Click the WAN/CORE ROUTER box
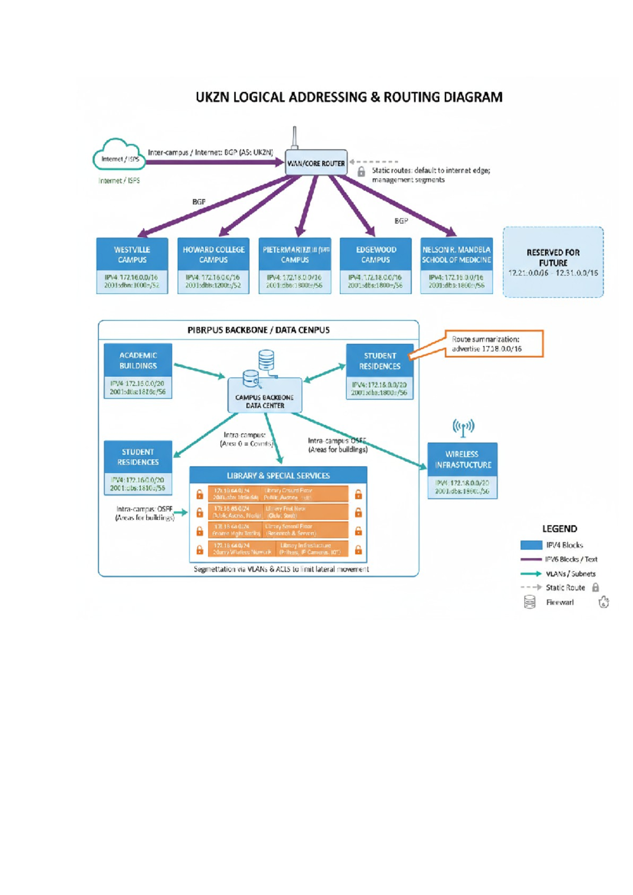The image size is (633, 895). pos(316,163)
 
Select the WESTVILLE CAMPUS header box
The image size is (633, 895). pos(132,254)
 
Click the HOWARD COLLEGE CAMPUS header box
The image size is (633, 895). pos(214,254)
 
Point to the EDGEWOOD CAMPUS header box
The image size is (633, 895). pos(376,254)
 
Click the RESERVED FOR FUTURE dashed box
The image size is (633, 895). pos(553,262)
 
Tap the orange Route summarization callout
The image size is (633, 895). pos(493,344)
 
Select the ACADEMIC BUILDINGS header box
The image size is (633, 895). pos(138,360)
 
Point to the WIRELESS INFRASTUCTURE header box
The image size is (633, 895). pos(463,459)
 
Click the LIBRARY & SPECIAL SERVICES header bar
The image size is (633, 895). pos(278,475)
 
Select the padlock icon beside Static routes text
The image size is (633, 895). pos(361,172)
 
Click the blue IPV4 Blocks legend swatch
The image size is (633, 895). pos(531,545)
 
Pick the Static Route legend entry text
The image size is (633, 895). pos(565,587)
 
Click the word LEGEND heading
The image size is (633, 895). pos(559,529)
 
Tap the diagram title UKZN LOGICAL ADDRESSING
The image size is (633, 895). pos(349,98)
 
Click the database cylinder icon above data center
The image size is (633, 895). pos(266,360)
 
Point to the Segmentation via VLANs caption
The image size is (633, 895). pos(281,569)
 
